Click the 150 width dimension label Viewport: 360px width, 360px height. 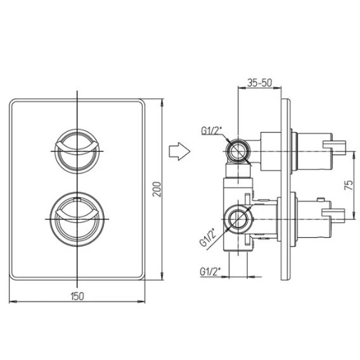[x=77, y=296]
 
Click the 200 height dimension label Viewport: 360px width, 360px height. [x=157, y=189]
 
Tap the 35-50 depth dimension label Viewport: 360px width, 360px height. [x=259, y=82]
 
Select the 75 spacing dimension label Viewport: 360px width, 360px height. [x=349, y=185]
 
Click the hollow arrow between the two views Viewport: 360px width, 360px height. [x=179, y=151]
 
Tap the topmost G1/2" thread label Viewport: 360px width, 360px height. [x=212, y=131]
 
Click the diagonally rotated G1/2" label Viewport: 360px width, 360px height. [x=208, y=237]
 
